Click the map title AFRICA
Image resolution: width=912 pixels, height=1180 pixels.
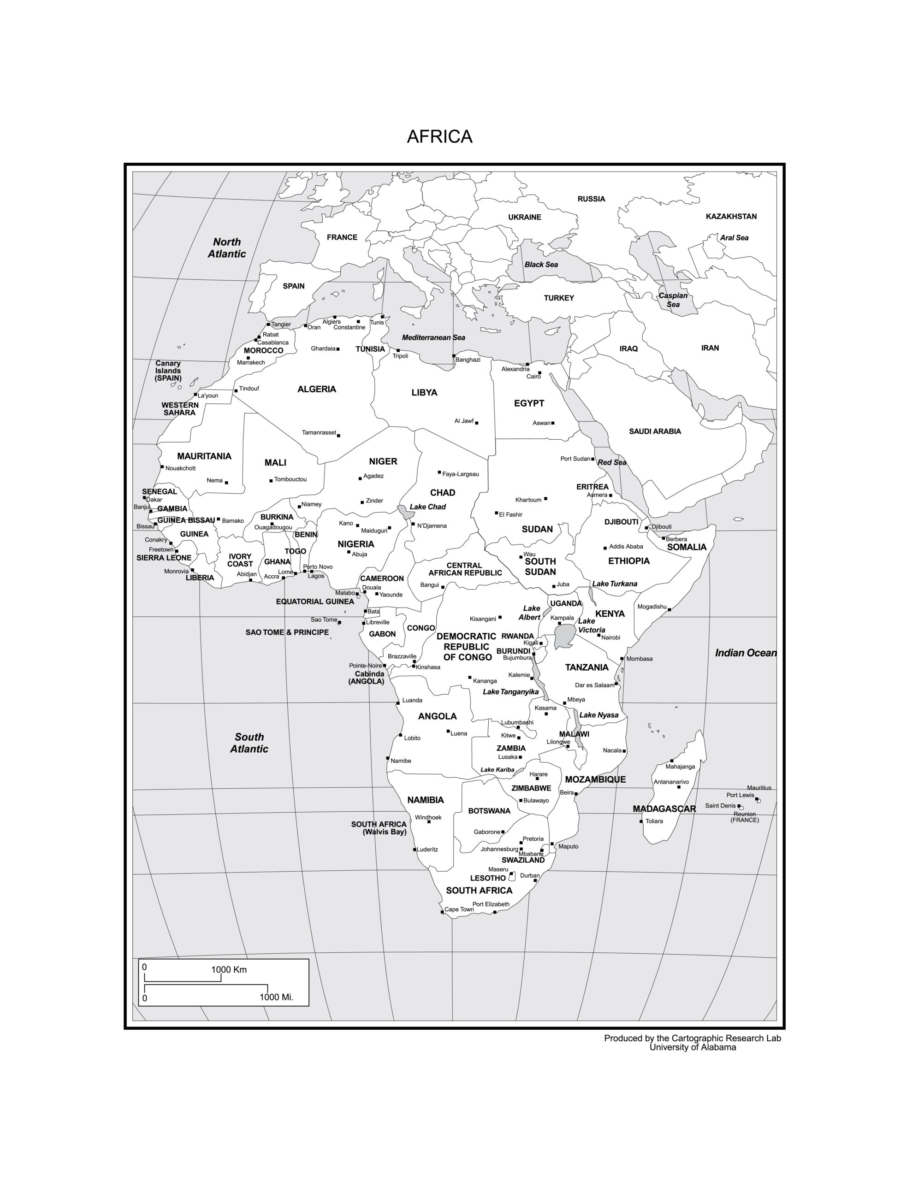pyautogui.click(x=439, y=137)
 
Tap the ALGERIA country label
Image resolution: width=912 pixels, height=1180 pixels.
pyautogui.click(x=316, y=389)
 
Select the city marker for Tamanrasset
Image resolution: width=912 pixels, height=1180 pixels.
pyautogui.click(x=338, y=435)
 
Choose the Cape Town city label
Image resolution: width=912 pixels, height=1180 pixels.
pyautogui.click(x=458, y=909)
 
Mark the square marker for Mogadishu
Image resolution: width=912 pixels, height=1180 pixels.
pyautogui.click(x=669, y=609)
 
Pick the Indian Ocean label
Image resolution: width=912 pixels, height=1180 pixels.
pyautogui.click(x=746, y=653)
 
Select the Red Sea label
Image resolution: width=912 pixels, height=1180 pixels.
pyautogui.click(x=611, y=462)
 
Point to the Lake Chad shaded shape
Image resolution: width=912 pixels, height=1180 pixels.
pyautogui.click(x=405, y=511)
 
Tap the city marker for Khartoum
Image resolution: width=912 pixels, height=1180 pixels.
pyautogui.click(x=545, y=498)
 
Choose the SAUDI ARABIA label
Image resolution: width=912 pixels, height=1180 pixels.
pyautogui.click(x=654, y=431)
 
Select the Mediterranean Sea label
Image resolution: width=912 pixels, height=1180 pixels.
pyautogui.click(x=433, y=338)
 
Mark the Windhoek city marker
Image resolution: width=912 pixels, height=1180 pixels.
pyautogui.click(x=429, y=822)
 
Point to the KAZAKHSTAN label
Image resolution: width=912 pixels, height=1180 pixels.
pyautogui.click(x=731, y=217)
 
